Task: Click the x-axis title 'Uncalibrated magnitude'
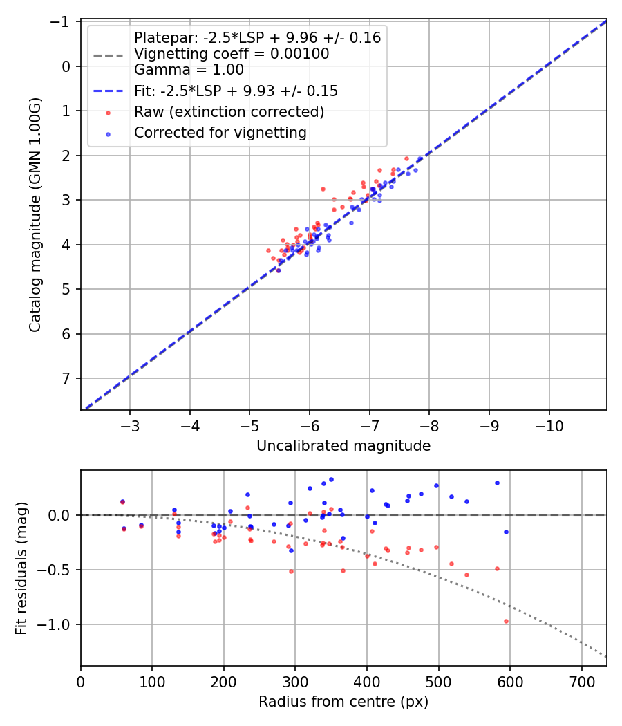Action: click(343, 446)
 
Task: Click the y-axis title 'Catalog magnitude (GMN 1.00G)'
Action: click(35, 215)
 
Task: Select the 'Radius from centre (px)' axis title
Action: click(343, 702)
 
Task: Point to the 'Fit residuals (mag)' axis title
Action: click(21, 568)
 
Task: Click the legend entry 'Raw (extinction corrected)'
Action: click(229, 112)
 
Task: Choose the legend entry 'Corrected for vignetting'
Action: click(220, 133)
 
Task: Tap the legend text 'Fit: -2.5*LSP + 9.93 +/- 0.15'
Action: click(236, 91)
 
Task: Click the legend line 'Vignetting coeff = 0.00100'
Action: click(232, 54)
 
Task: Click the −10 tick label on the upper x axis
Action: click(549, 424)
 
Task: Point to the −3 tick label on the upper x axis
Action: click(131, 424)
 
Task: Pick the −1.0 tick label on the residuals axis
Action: click(58, 624)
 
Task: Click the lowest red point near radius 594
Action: click(506, 621)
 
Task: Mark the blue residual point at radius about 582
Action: click(497, 483)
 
